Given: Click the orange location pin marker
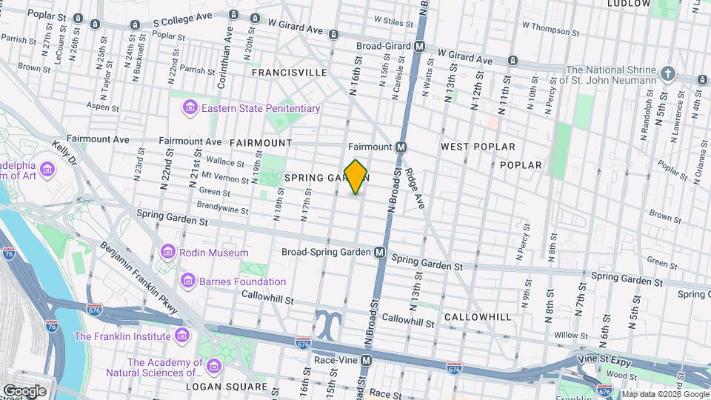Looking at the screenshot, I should (x=356, y=176).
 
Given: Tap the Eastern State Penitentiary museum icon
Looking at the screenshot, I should (x=190, y=109).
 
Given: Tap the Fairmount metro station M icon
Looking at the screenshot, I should (x=401, y=147).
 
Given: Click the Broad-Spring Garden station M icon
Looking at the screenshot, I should (x=379, y=253).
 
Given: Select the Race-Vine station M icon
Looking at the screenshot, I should (x=375, y=359).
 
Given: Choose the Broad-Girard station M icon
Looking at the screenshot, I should (x=419, y=46).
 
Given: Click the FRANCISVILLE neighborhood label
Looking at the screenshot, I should (x=289, y=73).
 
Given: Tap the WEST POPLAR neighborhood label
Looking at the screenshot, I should (x=478, y=147).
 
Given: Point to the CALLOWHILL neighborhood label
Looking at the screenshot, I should (x=478, y=317).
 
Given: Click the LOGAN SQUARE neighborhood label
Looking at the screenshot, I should (x=226, y=387).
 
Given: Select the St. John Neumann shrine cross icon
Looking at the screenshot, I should (x=668, y=73).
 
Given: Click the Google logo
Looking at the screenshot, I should (x=24, y=390).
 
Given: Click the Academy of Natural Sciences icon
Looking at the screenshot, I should (x=214, y=366).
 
